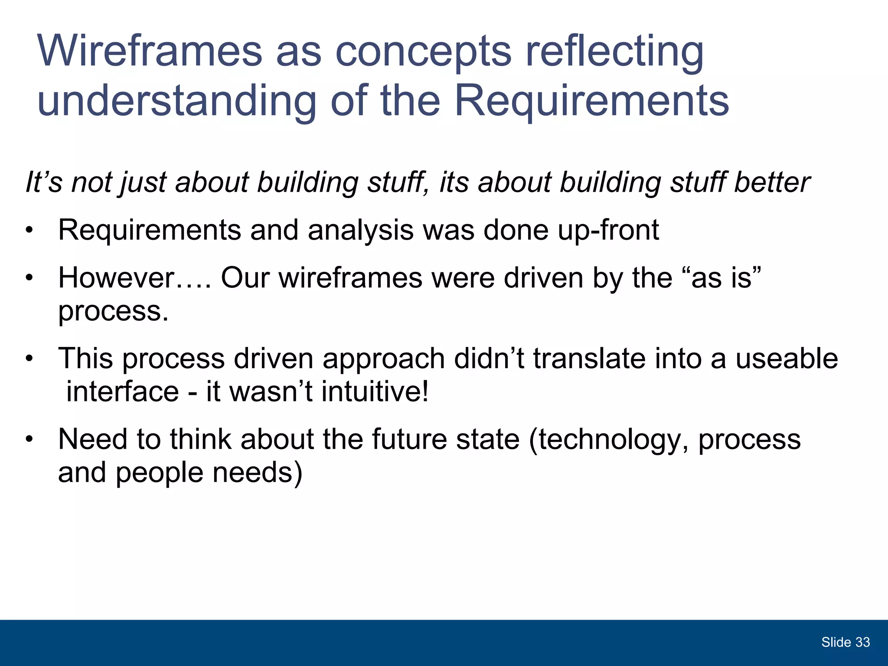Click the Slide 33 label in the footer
[845, 642]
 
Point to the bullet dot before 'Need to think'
[29, 440]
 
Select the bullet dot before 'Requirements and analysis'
[29, 231]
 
